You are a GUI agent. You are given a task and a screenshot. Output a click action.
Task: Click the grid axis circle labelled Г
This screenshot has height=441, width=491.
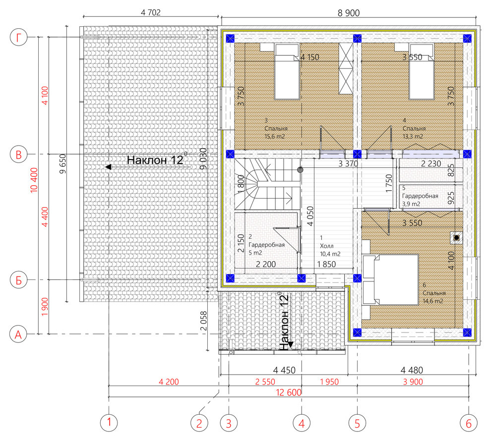coord(19,37)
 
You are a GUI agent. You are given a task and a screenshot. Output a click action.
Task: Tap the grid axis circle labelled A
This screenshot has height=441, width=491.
coord(18,334)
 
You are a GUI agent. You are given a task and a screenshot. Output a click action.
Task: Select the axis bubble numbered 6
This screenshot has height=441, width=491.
coord(469,424)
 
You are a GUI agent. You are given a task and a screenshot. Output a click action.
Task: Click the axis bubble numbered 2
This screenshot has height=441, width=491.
coord(199,424)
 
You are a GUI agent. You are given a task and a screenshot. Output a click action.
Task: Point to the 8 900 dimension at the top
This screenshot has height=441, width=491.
coord(349,13)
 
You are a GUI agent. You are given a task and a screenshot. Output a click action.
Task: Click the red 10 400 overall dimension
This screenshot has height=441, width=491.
coord(34,180)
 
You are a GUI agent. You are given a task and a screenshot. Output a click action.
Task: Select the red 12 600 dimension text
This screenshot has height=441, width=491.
coord(289,392)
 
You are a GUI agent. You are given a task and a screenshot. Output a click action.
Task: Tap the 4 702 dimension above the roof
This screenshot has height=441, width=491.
coord(151,12)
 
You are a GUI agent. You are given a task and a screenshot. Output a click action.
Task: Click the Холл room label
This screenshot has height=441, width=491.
coord(327,246)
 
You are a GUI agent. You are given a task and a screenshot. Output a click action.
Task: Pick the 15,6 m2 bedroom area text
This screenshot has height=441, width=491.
coord(275,136)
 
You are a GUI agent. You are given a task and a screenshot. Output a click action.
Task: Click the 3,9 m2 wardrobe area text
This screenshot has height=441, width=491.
coord(411,204)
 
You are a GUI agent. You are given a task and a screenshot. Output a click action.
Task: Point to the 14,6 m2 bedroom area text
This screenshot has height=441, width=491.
coord(433,301)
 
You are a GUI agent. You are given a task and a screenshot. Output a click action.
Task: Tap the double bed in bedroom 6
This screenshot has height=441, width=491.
coord(390,279)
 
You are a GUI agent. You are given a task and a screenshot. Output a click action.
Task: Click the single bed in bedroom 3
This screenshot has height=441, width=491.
coord(287,71)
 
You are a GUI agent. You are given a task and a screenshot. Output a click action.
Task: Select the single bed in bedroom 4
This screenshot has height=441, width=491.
coord(422,71)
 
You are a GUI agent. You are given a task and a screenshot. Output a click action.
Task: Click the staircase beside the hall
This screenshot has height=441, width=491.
coord(267,184)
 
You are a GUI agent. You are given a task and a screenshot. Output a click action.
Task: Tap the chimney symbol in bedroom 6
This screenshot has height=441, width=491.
coord(457,238)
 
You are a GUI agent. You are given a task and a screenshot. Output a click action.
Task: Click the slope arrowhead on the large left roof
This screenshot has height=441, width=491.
coord(108,167)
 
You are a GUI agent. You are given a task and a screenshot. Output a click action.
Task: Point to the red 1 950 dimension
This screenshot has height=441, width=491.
coord(329,382)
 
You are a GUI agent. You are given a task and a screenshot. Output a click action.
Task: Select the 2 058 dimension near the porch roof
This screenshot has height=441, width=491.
coord(203,321)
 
